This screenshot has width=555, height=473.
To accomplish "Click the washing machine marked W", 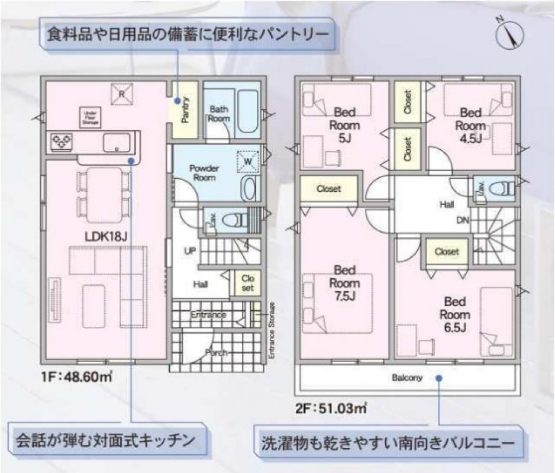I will pos(249,160).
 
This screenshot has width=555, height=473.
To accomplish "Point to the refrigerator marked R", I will pos(121,94).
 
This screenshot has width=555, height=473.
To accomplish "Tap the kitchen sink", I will pos(116,143).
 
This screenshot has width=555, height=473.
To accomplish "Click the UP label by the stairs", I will pos(189,251).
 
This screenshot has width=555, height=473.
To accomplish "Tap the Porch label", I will pos(216,353).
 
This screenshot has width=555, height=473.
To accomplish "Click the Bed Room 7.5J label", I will pos(344,283).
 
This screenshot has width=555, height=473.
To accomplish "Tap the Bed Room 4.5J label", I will pos(471,126).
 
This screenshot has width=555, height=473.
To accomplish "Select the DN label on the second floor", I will pos(463,220).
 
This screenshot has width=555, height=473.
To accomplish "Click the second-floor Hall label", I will pos(446,205).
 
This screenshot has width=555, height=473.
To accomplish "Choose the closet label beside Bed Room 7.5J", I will pos(328,189).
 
